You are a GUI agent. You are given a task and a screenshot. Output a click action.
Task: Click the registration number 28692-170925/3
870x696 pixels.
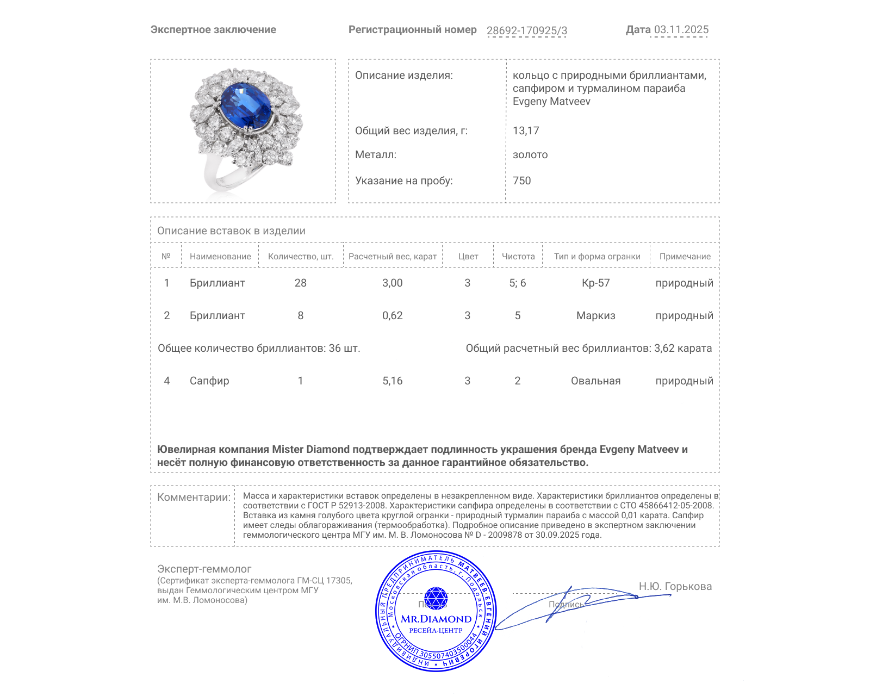coord(526,30)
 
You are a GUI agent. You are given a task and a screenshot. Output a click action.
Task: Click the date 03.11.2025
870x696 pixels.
coord(681,30)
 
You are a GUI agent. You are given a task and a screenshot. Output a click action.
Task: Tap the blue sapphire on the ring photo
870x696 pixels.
coord(246,104)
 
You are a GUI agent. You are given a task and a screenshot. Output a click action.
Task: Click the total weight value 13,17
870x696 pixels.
coord(526,131)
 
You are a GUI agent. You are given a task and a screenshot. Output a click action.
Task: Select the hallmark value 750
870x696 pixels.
coord(521,181)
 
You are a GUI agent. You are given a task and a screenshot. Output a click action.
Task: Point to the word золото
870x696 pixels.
coord(530,155)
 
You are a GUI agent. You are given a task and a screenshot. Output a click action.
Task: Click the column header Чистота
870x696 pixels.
coord(518,257)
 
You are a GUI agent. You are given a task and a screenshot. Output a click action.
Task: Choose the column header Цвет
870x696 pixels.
coord(468,257)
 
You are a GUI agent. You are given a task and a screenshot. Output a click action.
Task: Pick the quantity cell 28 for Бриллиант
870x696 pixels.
coord(300,283)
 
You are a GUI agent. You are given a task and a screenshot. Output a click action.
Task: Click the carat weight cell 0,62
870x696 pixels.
coord(392,316)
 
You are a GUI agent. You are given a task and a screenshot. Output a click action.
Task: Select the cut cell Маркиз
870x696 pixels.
coord(595,316)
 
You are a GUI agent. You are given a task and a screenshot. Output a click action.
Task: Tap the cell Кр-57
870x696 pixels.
coord(595,283)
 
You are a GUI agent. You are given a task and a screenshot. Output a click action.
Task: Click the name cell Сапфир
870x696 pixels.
coord(209,381)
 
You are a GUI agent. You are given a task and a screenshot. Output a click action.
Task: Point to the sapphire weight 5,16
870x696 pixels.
coord(392,381)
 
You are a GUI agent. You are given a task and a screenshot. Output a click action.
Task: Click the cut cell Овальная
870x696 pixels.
coord(595,381)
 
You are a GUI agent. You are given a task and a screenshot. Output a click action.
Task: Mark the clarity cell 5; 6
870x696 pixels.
coord(517,283)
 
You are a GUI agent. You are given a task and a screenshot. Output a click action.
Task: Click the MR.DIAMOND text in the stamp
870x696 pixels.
coord(436,619)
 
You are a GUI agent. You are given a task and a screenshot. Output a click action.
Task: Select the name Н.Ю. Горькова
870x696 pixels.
coord(675,587)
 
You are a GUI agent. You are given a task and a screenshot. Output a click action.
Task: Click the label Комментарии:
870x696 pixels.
coord(194,498)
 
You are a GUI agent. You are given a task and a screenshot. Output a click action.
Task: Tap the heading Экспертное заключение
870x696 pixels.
coord(213,30)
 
